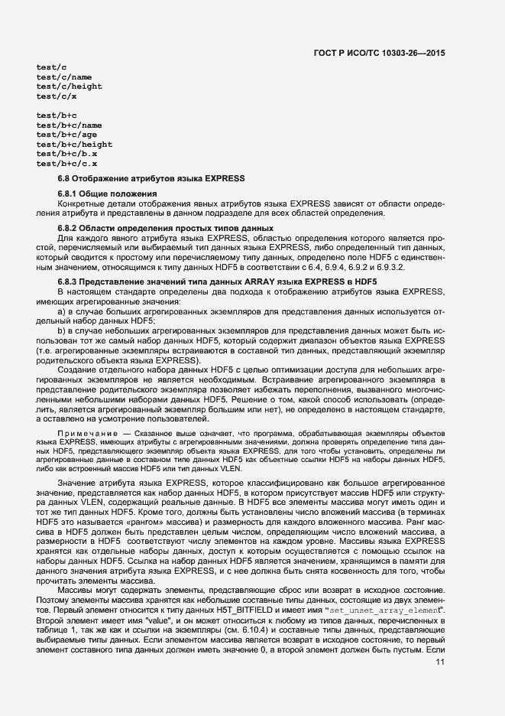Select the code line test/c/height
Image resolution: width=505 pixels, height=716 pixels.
(x=69, y=87)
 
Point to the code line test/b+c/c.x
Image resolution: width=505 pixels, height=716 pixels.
(x=66, y=164)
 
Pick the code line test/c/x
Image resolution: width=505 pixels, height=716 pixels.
(x=56, y=97)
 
